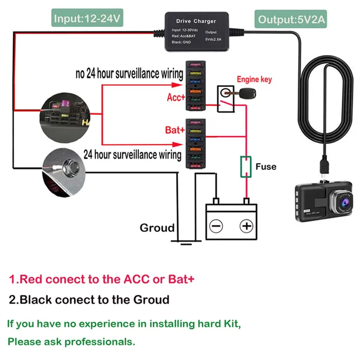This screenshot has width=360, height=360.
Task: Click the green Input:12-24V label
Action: tap(87, 19)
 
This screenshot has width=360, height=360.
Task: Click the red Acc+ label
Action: tap(175, 97)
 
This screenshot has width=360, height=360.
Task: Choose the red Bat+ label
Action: tap(175, 130)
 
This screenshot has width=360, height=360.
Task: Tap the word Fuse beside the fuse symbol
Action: tap(265, 166)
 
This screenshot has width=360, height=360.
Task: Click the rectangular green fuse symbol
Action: tap(245, 166)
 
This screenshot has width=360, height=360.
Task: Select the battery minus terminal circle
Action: tap(217, 226)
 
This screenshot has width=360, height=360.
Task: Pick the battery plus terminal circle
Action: tap(246, 226)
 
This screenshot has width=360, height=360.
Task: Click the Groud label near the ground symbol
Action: tap(157, 228)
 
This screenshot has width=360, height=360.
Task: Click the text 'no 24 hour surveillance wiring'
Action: tap(129, 74)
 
